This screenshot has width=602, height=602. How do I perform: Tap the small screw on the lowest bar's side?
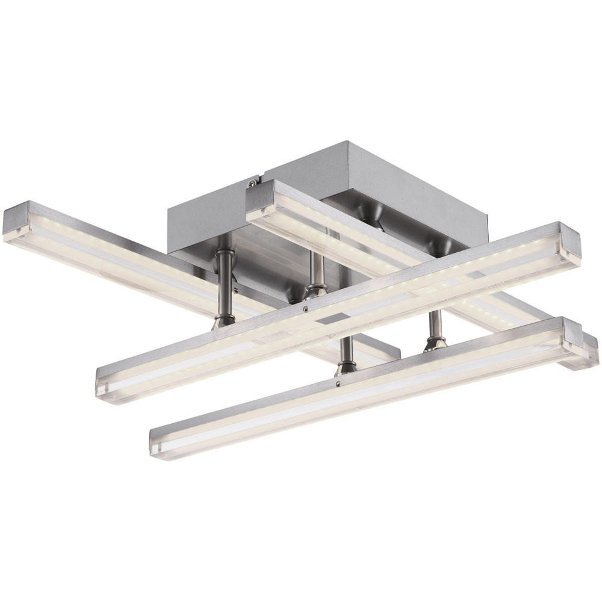(x=339, y=383)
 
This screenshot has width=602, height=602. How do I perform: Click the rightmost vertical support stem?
(x=435, y=325)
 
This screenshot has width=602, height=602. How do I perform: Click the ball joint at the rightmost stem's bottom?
(x=435, y=343)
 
